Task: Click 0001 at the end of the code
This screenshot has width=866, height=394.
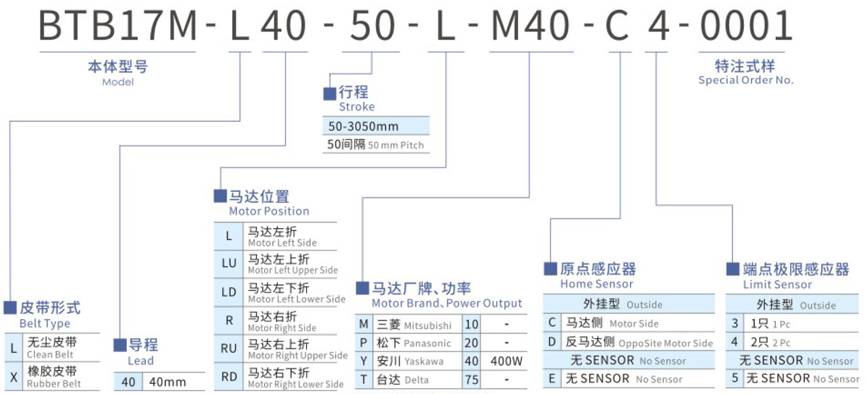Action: point(746,26)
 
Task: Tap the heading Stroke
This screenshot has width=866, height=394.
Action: point(357,107)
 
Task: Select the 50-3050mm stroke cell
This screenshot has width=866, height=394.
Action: point(363,126)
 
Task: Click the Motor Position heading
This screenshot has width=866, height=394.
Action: point(268,211)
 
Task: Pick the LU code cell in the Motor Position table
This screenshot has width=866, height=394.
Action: point(229,264)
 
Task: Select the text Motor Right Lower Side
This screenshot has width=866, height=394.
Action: point(295,385)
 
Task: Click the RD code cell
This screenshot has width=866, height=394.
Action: point(229,375)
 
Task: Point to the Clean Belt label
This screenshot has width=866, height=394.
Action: point(51,354)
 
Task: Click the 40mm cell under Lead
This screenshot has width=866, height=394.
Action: point(167,382)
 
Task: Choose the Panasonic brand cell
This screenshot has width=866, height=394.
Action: point(414,343)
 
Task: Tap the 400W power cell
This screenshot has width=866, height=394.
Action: point(507,362)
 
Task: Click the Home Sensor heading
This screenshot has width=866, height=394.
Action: point(596,284)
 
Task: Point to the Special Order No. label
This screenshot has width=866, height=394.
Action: point(745,80)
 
